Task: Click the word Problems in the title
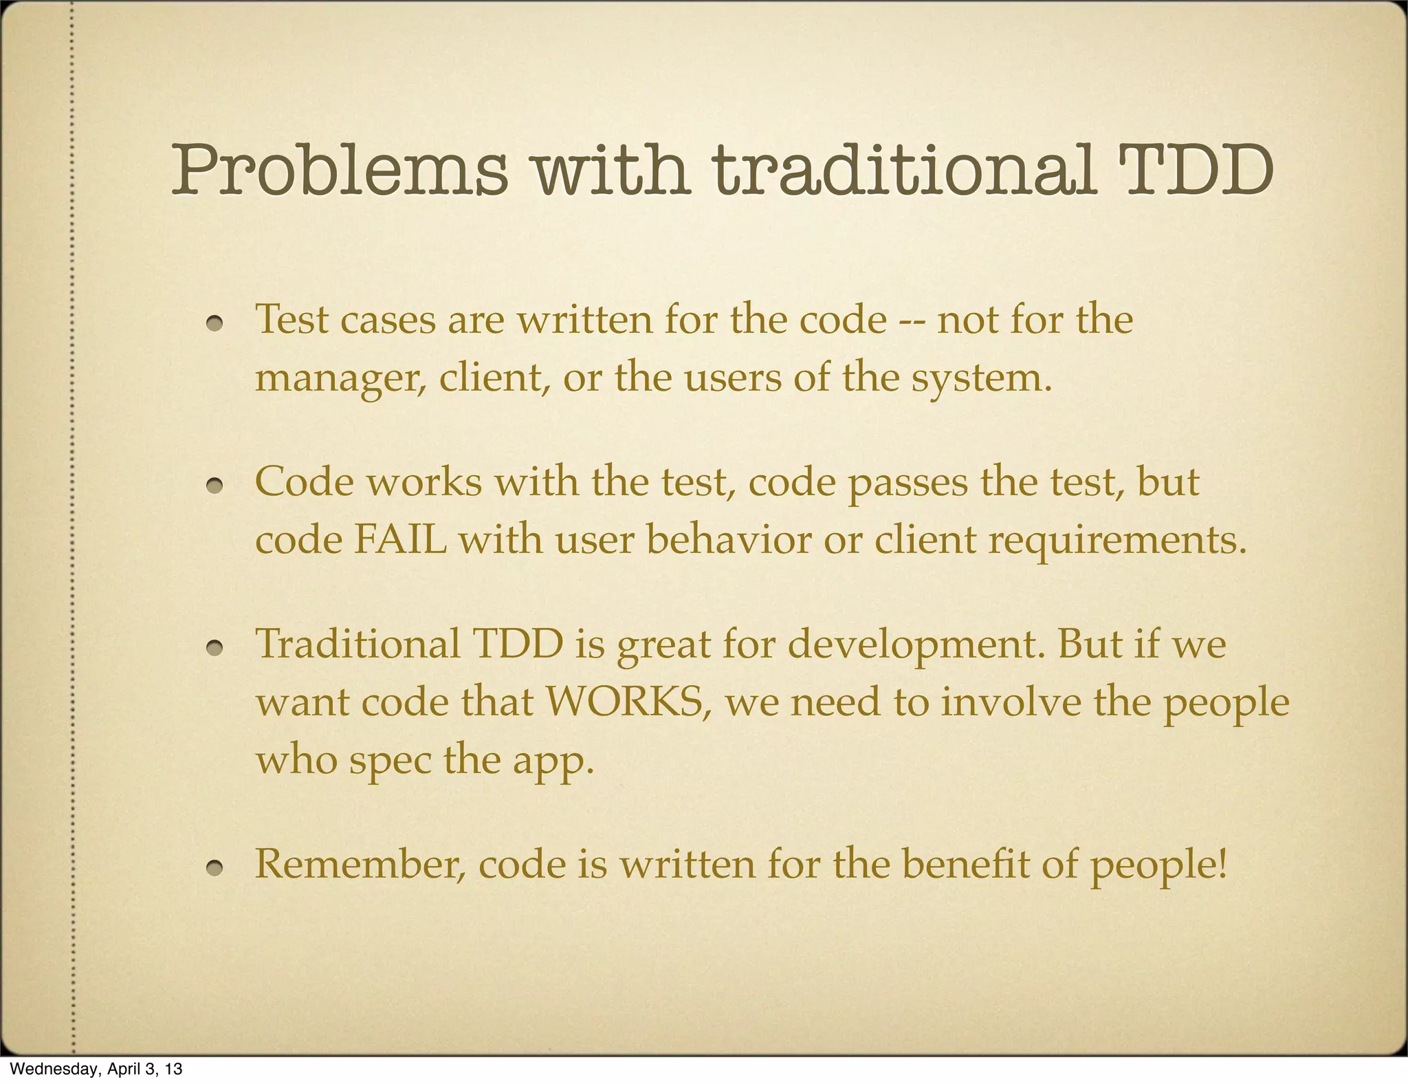[340, 171]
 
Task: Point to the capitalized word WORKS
[628, 702]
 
